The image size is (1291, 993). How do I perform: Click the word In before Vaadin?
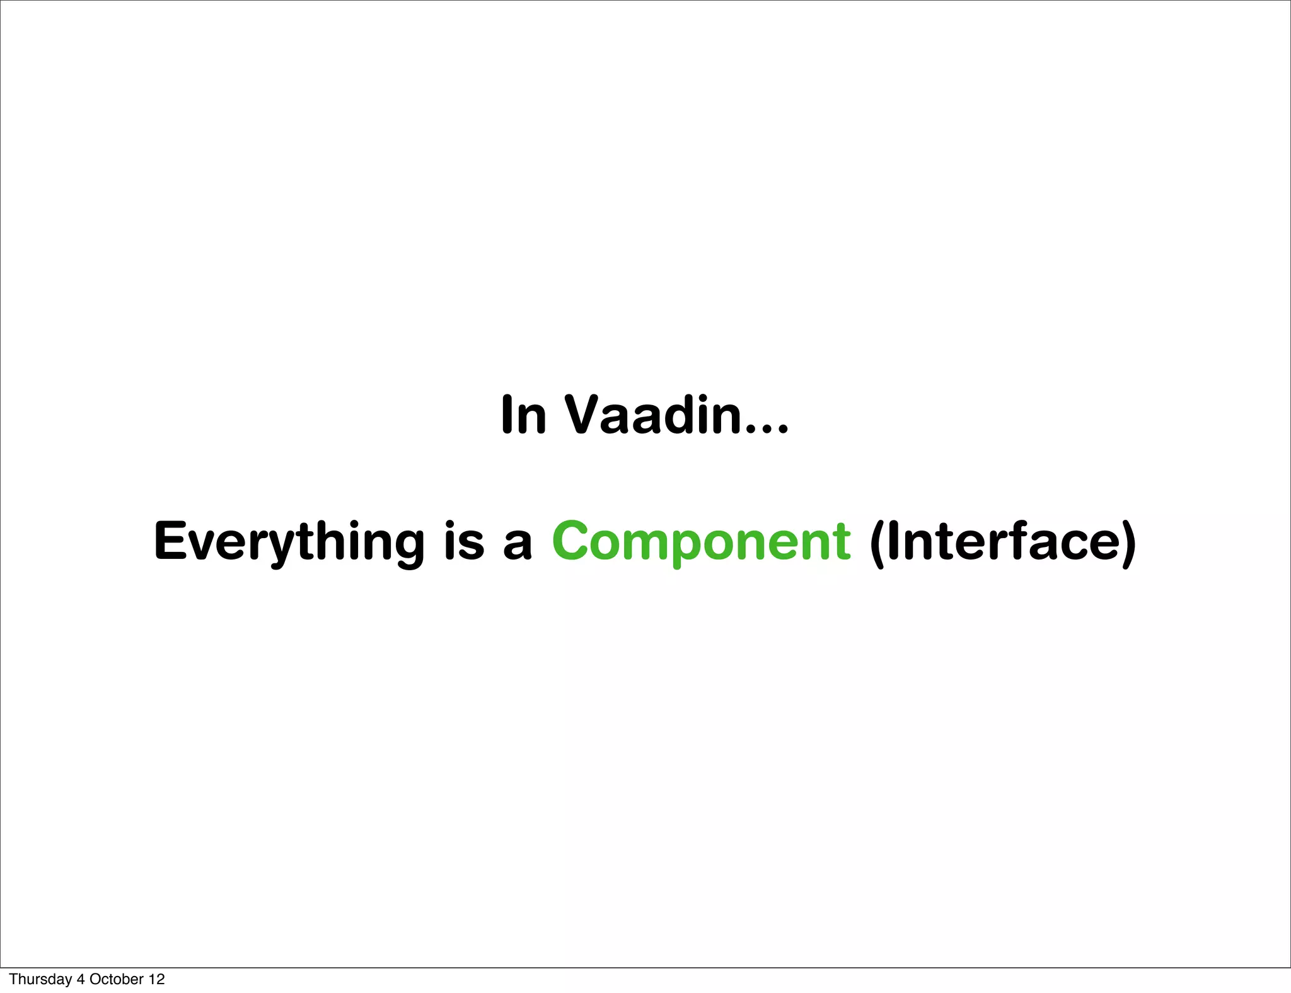(523, 415)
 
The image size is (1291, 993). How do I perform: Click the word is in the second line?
(464, 541)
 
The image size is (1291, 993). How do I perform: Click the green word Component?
(701, 541)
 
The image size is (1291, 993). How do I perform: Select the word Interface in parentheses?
(1003, 541)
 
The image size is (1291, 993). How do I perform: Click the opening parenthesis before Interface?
(877, 543)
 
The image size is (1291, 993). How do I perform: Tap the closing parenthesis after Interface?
(1128, 543)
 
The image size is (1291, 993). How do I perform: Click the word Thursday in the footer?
(40, 979)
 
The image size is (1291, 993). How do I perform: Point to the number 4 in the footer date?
(80, 979)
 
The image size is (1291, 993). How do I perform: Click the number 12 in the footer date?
(157, 979)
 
